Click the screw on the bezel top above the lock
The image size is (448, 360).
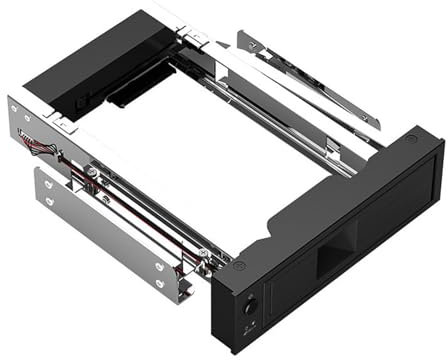(239, 265)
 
